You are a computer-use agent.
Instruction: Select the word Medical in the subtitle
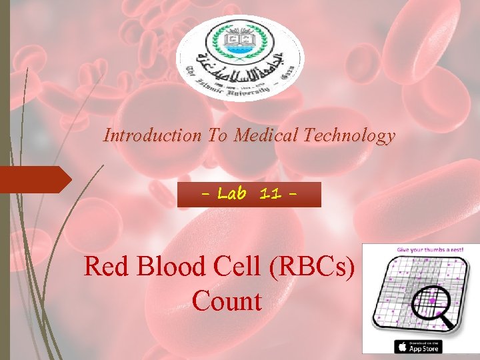click(265, 136)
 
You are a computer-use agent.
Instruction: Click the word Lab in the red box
click(233, 195)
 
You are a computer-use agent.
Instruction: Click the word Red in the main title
click(106, 267)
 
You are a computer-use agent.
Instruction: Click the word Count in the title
click(227, 301)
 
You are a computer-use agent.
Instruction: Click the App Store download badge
click(419, 346)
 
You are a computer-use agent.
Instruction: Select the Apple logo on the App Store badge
click(401, 346)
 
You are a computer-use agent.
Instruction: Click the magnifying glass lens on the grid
click(433, 301)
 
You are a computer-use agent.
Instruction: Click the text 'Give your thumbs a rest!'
click(421, 249)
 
